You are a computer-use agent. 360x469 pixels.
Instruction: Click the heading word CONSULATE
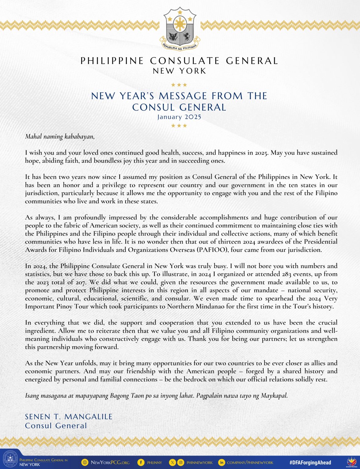185,61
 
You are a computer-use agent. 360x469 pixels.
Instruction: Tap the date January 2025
179,117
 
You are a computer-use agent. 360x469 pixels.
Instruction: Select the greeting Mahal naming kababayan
60,136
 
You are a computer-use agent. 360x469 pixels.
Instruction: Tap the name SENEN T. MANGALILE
69,417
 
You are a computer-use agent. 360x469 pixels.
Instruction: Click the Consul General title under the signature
56,426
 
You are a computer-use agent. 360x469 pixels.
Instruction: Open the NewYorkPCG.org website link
110,463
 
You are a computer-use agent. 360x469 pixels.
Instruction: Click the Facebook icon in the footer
141,463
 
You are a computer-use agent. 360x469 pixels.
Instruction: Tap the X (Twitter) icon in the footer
173,463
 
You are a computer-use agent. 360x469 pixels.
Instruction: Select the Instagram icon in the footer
181,463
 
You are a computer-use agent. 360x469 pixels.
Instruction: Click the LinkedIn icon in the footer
221,463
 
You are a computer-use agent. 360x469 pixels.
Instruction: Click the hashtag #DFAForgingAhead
310,463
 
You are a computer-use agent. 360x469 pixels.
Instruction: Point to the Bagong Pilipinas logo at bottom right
352,462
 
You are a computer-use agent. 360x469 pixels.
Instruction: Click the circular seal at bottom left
10,460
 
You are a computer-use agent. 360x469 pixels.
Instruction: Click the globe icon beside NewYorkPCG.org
85,463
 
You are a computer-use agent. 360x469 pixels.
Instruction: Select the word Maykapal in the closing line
274,396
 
